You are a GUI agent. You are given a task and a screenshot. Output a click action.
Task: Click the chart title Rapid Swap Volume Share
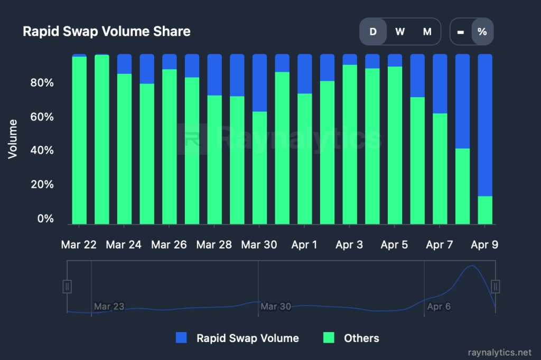[x=106, y=32]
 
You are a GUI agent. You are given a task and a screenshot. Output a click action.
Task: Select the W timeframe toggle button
[x=400, y=32]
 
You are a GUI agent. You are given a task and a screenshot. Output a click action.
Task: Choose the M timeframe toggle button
[x=427, y=32]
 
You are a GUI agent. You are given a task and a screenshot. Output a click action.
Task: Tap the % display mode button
[x=482, y=32]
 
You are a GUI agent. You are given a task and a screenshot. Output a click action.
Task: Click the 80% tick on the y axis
[x=41, y=83]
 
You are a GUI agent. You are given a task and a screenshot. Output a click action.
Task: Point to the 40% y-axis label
[x=41, y=150]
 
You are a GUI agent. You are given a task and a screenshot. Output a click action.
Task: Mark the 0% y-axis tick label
[x=45, y=219]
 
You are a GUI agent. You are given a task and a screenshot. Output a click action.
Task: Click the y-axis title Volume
[x=13, y=139]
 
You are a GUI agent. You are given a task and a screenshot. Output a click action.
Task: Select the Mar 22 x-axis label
[x=79, y=245]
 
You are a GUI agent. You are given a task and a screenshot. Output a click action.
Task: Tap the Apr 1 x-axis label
[x=304, y=245]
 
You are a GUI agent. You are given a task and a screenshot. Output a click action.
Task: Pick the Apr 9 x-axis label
[x=484, y=245]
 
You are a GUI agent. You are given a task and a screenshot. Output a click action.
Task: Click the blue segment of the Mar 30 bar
[x=259, y=82]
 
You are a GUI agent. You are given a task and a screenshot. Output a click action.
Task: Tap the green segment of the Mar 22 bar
[x=79, y=140]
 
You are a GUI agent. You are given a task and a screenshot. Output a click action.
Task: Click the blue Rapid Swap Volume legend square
[x=181, y=338]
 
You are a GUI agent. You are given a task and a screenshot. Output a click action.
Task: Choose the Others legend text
[x=361, y=338]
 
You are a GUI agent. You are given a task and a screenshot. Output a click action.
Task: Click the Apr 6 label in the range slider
[x=439, y=307]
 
